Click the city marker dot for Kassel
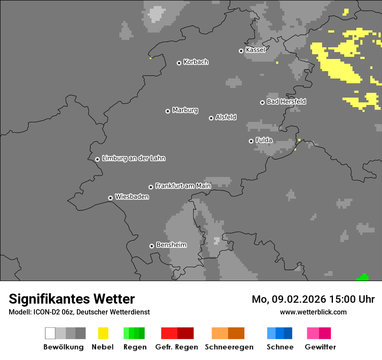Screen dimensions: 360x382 tap(241, 51)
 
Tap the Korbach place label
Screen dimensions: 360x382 tap(196, 62)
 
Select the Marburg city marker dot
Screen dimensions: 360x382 tap(168, 111)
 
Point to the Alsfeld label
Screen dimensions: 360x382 tap(226, 117)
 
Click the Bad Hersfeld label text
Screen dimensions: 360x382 tap(286, 101)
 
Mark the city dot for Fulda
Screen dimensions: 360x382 tap(251, 141)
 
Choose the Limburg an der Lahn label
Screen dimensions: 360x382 tap(133, 158)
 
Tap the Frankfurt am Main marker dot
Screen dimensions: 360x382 tap(151, 187)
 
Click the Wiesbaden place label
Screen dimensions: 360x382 tap(132, 197)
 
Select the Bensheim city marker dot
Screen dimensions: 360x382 tap(151, 246)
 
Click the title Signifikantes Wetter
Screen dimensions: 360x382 tap(72, 299)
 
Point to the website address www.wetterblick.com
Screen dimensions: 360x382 tap(313, 312)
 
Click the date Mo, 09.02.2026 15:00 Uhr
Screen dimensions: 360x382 tap(313, 299)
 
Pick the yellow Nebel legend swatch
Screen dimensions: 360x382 tap(103, 333)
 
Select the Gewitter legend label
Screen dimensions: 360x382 tap(320, 347)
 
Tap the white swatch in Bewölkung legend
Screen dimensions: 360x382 tap(50, 333)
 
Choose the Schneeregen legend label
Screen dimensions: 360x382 tap(229, 347)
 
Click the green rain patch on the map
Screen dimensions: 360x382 tap(362, 278)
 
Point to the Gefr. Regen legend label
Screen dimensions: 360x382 tap(176, 347)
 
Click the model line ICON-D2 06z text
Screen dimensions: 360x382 tap(79, 312)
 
